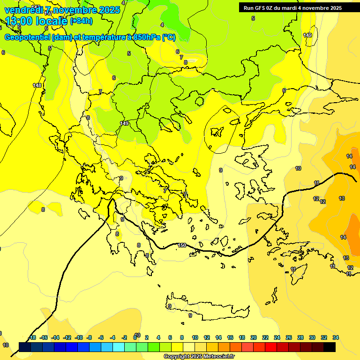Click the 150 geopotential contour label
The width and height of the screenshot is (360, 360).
(182, 245)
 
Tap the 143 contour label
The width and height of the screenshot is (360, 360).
(37, 85)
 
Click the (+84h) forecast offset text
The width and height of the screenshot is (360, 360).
(81, 21)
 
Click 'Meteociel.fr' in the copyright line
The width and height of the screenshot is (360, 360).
(216, 357)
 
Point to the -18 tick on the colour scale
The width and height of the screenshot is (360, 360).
(32, 337)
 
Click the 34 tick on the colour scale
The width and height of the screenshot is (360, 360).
(336, 337)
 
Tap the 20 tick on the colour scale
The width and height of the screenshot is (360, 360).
(254, 337)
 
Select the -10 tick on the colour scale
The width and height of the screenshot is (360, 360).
(79, 337)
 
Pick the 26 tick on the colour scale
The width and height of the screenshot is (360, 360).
(289, 337)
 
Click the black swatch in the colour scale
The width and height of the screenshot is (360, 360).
(330, 347)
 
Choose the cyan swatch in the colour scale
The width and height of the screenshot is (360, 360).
(119, 347)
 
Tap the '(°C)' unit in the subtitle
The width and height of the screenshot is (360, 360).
(169, 37)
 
